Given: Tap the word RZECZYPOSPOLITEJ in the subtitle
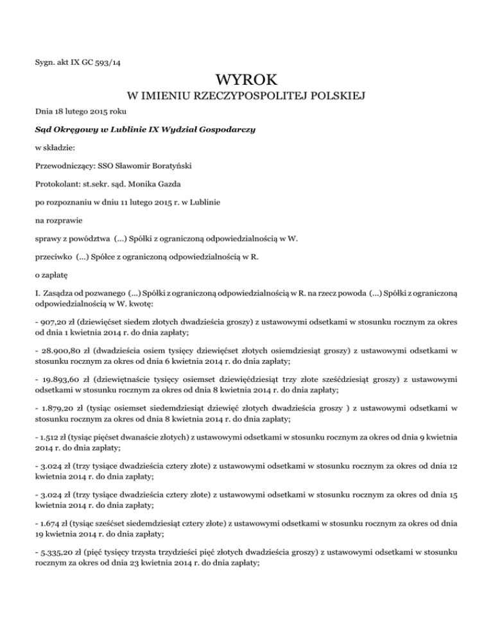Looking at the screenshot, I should (x=251, y=97).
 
